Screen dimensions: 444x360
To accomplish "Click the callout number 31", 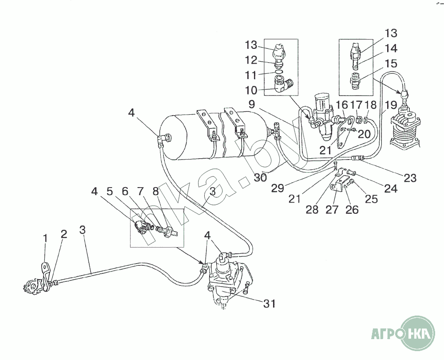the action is click(270, 304).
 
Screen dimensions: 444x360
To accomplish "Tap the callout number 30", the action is click(260, 178).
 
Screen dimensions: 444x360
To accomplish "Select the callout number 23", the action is click(410, 178).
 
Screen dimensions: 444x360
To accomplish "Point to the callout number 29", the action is click(277, 188).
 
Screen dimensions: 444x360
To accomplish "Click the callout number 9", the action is click(252, 105).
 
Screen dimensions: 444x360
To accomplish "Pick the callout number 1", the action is click(45, 239).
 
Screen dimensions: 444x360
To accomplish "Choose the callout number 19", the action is click(391, 105).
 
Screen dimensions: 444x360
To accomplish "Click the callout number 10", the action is click(251, 90).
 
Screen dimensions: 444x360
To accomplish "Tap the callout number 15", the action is click(391, 64).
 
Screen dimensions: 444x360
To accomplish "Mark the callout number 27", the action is click(332, 209).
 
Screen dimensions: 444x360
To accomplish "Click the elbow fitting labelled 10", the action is click(284, 85).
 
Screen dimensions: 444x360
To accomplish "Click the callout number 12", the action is click(251, 60).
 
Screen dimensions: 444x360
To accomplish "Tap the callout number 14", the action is click(391, 48).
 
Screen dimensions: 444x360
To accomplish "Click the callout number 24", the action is click(391, 188).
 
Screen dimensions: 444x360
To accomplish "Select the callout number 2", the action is click(64, 234).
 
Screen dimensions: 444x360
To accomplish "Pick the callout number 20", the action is click(364, 134).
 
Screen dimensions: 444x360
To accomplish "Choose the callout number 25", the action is click(372, 199).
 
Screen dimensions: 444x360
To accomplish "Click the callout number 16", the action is click(342, 105).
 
